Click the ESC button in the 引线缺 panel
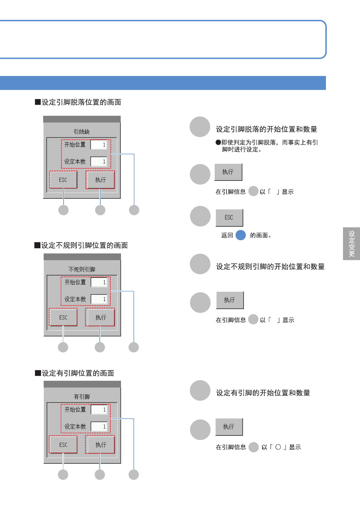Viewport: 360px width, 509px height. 63,180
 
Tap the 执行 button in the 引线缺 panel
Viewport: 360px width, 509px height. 100,180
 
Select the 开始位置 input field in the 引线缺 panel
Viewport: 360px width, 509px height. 99,145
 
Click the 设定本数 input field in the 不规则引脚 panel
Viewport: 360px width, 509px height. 99,299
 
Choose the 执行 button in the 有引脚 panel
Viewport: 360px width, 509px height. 100,445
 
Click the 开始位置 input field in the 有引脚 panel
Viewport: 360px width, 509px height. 99,410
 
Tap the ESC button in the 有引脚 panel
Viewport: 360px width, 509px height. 63,445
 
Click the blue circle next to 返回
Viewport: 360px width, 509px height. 241,235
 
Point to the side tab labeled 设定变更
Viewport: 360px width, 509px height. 351,244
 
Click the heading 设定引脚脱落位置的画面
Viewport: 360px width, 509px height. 81,102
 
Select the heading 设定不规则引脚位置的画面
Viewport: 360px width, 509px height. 84,246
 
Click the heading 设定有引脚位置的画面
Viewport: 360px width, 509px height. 78,373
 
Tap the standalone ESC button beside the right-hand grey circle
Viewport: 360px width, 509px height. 229,218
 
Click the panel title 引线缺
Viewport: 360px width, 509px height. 81,132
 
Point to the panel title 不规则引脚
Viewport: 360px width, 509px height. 82,270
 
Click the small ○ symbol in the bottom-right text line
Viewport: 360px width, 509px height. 278,447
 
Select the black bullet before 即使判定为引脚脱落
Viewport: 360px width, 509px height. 218,143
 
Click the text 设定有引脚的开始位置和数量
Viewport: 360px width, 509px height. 263,393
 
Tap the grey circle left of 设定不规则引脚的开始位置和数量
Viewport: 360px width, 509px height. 200,264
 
